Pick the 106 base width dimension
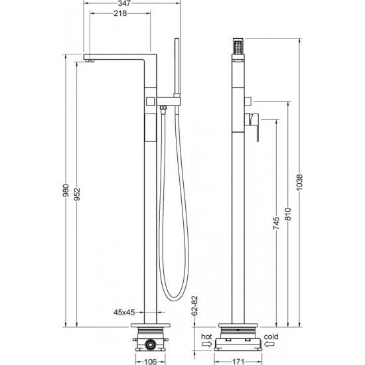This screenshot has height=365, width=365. [x=152, y=361]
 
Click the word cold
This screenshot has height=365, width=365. [x=271, y=336]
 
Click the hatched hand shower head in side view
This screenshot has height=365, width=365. [x=238, y=48]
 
